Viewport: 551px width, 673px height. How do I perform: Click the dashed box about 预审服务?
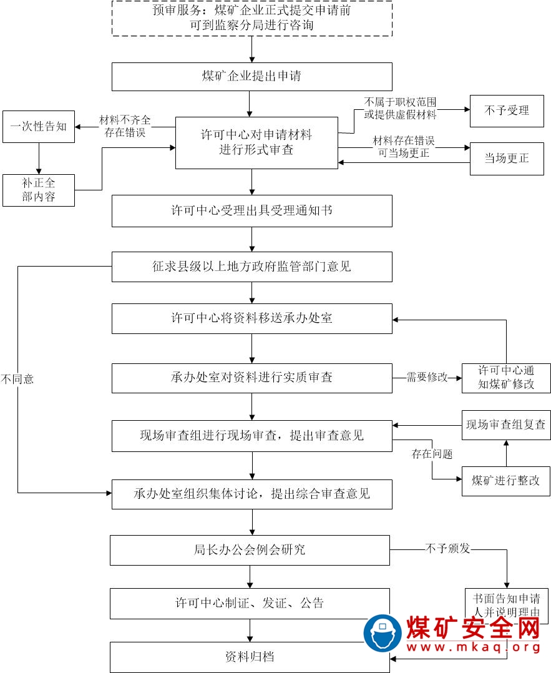point(251,19)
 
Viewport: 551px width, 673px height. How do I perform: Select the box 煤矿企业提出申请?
point(251,77)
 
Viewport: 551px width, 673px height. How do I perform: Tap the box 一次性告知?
point(39,127)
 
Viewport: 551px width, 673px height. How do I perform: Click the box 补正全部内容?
point(39,190)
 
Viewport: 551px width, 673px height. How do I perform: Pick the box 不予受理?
point(506,111)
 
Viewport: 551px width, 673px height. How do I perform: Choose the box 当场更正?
point(506,159)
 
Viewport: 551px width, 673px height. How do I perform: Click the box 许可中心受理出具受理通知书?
point(251,211)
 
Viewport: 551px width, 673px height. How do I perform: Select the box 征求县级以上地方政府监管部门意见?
point(251,267)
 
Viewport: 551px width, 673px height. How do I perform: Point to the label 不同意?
point(17,379)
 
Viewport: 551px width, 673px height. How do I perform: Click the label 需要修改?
point(427,377)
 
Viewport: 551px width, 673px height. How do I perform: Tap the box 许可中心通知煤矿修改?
point(506,377)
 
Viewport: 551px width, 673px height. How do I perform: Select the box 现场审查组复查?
point(506,425)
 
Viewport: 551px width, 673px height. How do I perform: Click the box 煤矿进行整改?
point(506,481)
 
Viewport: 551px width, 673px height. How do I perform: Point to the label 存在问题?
point(432,454)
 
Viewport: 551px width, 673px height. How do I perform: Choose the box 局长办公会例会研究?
point(250,550)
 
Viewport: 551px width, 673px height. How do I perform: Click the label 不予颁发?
point(447,549)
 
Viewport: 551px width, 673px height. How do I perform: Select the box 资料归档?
point(250,657)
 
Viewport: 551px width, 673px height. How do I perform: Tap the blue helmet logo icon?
point(382,632)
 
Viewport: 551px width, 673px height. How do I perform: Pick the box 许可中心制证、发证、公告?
point(250,603)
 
